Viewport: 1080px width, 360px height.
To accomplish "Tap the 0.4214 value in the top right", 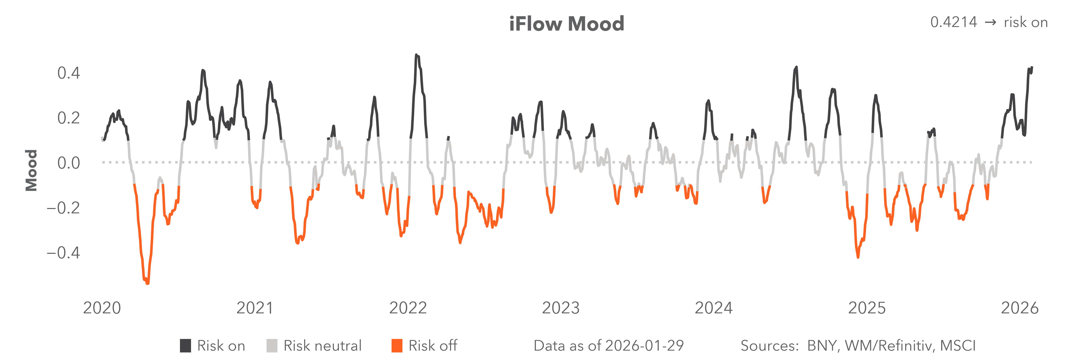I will pyautogui.click(x=953, y=22).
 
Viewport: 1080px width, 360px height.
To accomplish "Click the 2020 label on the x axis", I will pyautogui.click(x=102, y=308).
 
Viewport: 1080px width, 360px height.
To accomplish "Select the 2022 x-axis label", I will pyautogui.click(x=408, y=308).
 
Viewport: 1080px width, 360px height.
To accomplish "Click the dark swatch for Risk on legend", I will pyautogui.click(x=185, y=346).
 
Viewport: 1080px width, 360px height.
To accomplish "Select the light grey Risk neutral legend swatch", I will pyautogui.click(x=272, y=346).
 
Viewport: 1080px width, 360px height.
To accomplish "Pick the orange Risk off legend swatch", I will pyautogui.click(x=397, y=346).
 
